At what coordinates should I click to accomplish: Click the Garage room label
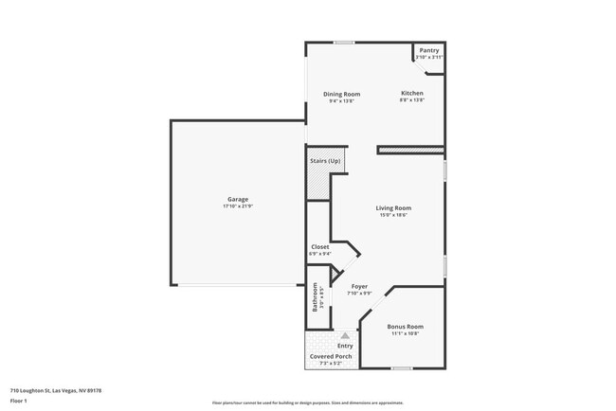237,199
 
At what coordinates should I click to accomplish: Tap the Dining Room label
341,94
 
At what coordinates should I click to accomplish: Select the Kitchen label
412,93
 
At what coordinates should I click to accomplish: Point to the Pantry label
429,51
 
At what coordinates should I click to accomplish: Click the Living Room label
393,207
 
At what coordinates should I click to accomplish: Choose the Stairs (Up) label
325,161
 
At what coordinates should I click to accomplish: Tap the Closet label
320,246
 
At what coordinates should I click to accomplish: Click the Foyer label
359,286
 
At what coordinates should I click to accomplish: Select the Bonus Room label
404,327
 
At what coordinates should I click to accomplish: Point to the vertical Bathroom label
315,298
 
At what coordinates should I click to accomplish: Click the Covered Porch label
331,356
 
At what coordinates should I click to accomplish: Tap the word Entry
345,345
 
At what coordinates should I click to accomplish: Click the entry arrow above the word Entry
345,334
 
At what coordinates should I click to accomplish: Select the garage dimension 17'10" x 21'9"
237,205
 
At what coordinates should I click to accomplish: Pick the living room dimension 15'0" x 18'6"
393,215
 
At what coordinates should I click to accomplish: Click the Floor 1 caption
20,401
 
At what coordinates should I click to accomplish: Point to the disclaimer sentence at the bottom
307,402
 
